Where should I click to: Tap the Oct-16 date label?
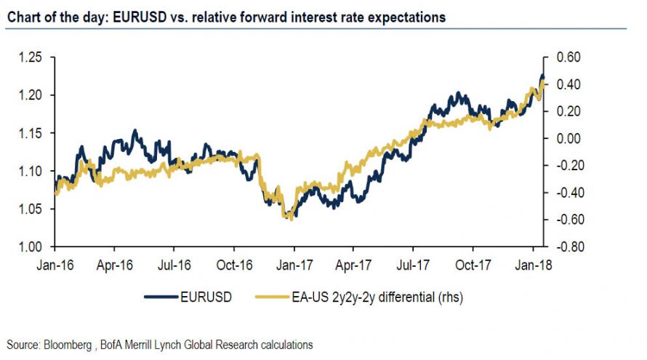235,265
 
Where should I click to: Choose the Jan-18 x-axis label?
534,265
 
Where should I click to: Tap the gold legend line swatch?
271,297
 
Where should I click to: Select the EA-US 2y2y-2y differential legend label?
378,297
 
